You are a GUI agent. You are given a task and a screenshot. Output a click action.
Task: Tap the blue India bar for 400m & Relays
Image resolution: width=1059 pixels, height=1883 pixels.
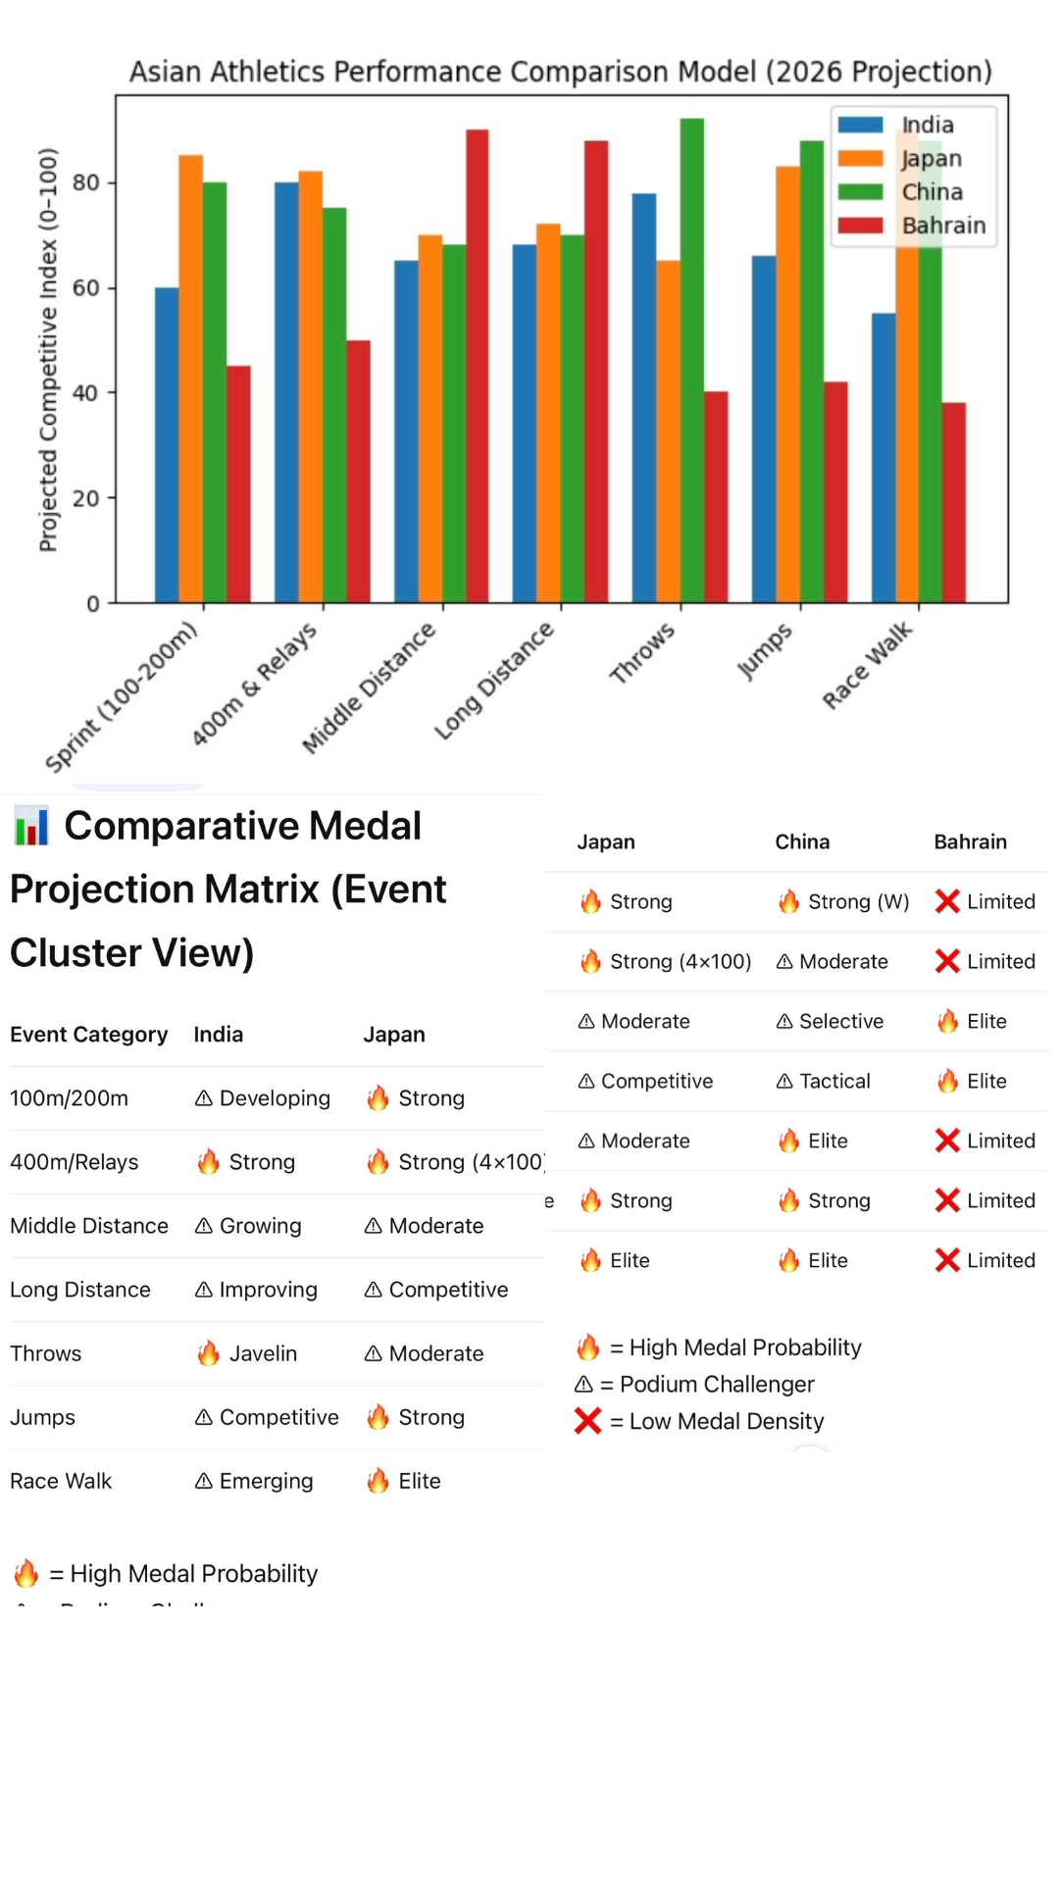pos(286,392)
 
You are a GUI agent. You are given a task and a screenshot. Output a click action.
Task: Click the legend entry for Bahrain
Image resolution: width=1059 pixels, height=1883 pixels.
pos(942,226)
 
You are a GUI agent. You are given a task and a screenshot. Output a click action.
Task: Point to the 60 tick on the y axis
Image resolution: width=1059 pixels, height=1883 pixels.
pos(86,288)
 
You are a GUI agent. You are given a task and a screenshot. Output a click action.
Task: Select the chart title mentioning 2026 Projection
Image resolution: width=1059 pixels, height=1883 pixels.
pos(561,72)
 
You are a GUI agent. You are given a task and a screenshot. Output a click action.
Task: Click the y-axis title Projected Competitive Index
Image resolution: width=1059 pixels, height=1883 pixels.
pos(48,350)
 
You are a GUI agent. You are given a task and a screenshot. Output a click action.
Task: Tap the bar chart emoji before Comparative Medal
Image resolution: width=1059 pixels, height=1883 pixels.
pos(31,826)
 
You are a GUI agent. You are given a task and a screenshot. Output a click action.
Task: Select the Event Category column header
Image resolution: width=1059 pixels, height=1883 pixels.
pos(88,1035)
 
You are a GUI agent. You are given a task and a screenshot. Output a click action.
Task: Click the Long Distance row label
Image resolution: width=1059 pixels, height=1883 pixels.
pos(80,1290)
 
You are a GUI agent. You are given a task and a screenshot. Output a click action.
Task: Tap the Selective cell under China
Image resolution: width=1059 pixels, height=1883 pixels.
pos(840,1021)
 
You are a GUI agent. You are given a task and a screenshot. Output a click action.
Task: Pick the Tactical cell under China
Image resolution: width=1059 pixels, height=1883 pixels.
pos(833,1081)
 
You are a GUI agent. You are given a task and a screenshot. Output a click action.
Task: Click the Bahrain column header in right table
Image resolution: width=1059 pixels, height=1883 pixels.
pos(970,841)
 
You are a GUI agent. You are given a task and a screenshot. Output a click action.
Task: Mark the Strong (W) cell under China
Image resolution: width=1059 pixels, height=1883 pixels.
pos(857,901)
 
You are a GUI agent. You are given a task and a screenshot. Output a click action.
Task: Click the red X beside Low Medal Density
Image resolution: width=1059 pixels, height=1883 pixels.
pos(587,1421)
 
